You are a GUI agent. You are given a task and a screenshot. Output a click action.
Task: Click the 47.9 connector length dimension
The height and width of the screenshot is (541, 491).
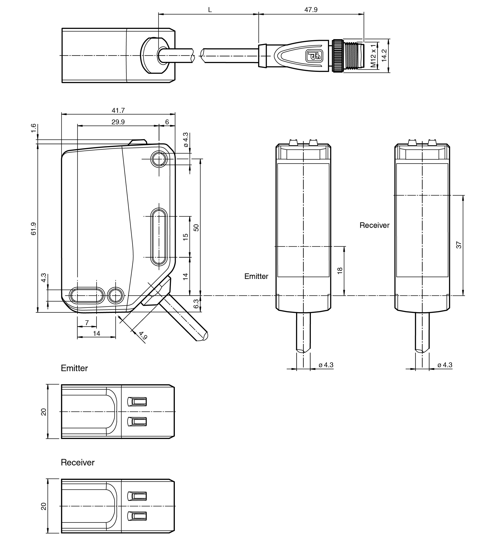point(311,10)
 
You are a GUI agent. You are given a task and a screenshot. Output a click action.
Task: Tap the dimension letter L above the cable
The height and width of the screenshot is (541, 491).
point(210,10)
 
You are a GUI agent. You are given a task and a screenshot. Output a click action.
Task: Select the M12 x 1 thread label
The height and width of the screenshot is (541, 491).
point(373,56)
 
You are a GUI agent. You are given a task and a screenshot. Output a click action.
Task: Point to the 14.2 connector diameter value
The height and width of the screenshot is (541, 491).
point(384,55)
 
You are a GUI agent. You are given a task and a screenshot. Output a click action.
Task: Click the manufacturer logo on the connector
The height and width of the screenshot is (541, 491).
point(314,56)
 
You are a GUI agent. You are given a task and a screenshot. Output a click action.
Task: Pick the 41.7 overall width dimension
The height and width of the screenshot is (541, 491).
point(118,110)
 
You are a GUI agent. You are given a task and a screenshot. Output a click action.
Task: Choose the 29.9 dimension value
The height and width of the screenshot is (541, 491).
point(118,122)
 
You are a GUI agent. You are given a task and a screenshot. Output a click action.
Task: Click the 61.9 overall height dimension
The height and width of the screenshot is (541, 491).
point(33,229)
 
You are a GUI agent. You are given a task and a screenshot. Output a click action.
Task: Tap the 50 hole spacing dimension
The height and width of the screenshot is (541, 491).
point(196,228)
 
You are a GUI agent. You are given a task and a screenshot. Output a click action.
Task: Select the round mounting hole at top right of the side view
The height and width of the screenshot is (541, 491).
point(159,159)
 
